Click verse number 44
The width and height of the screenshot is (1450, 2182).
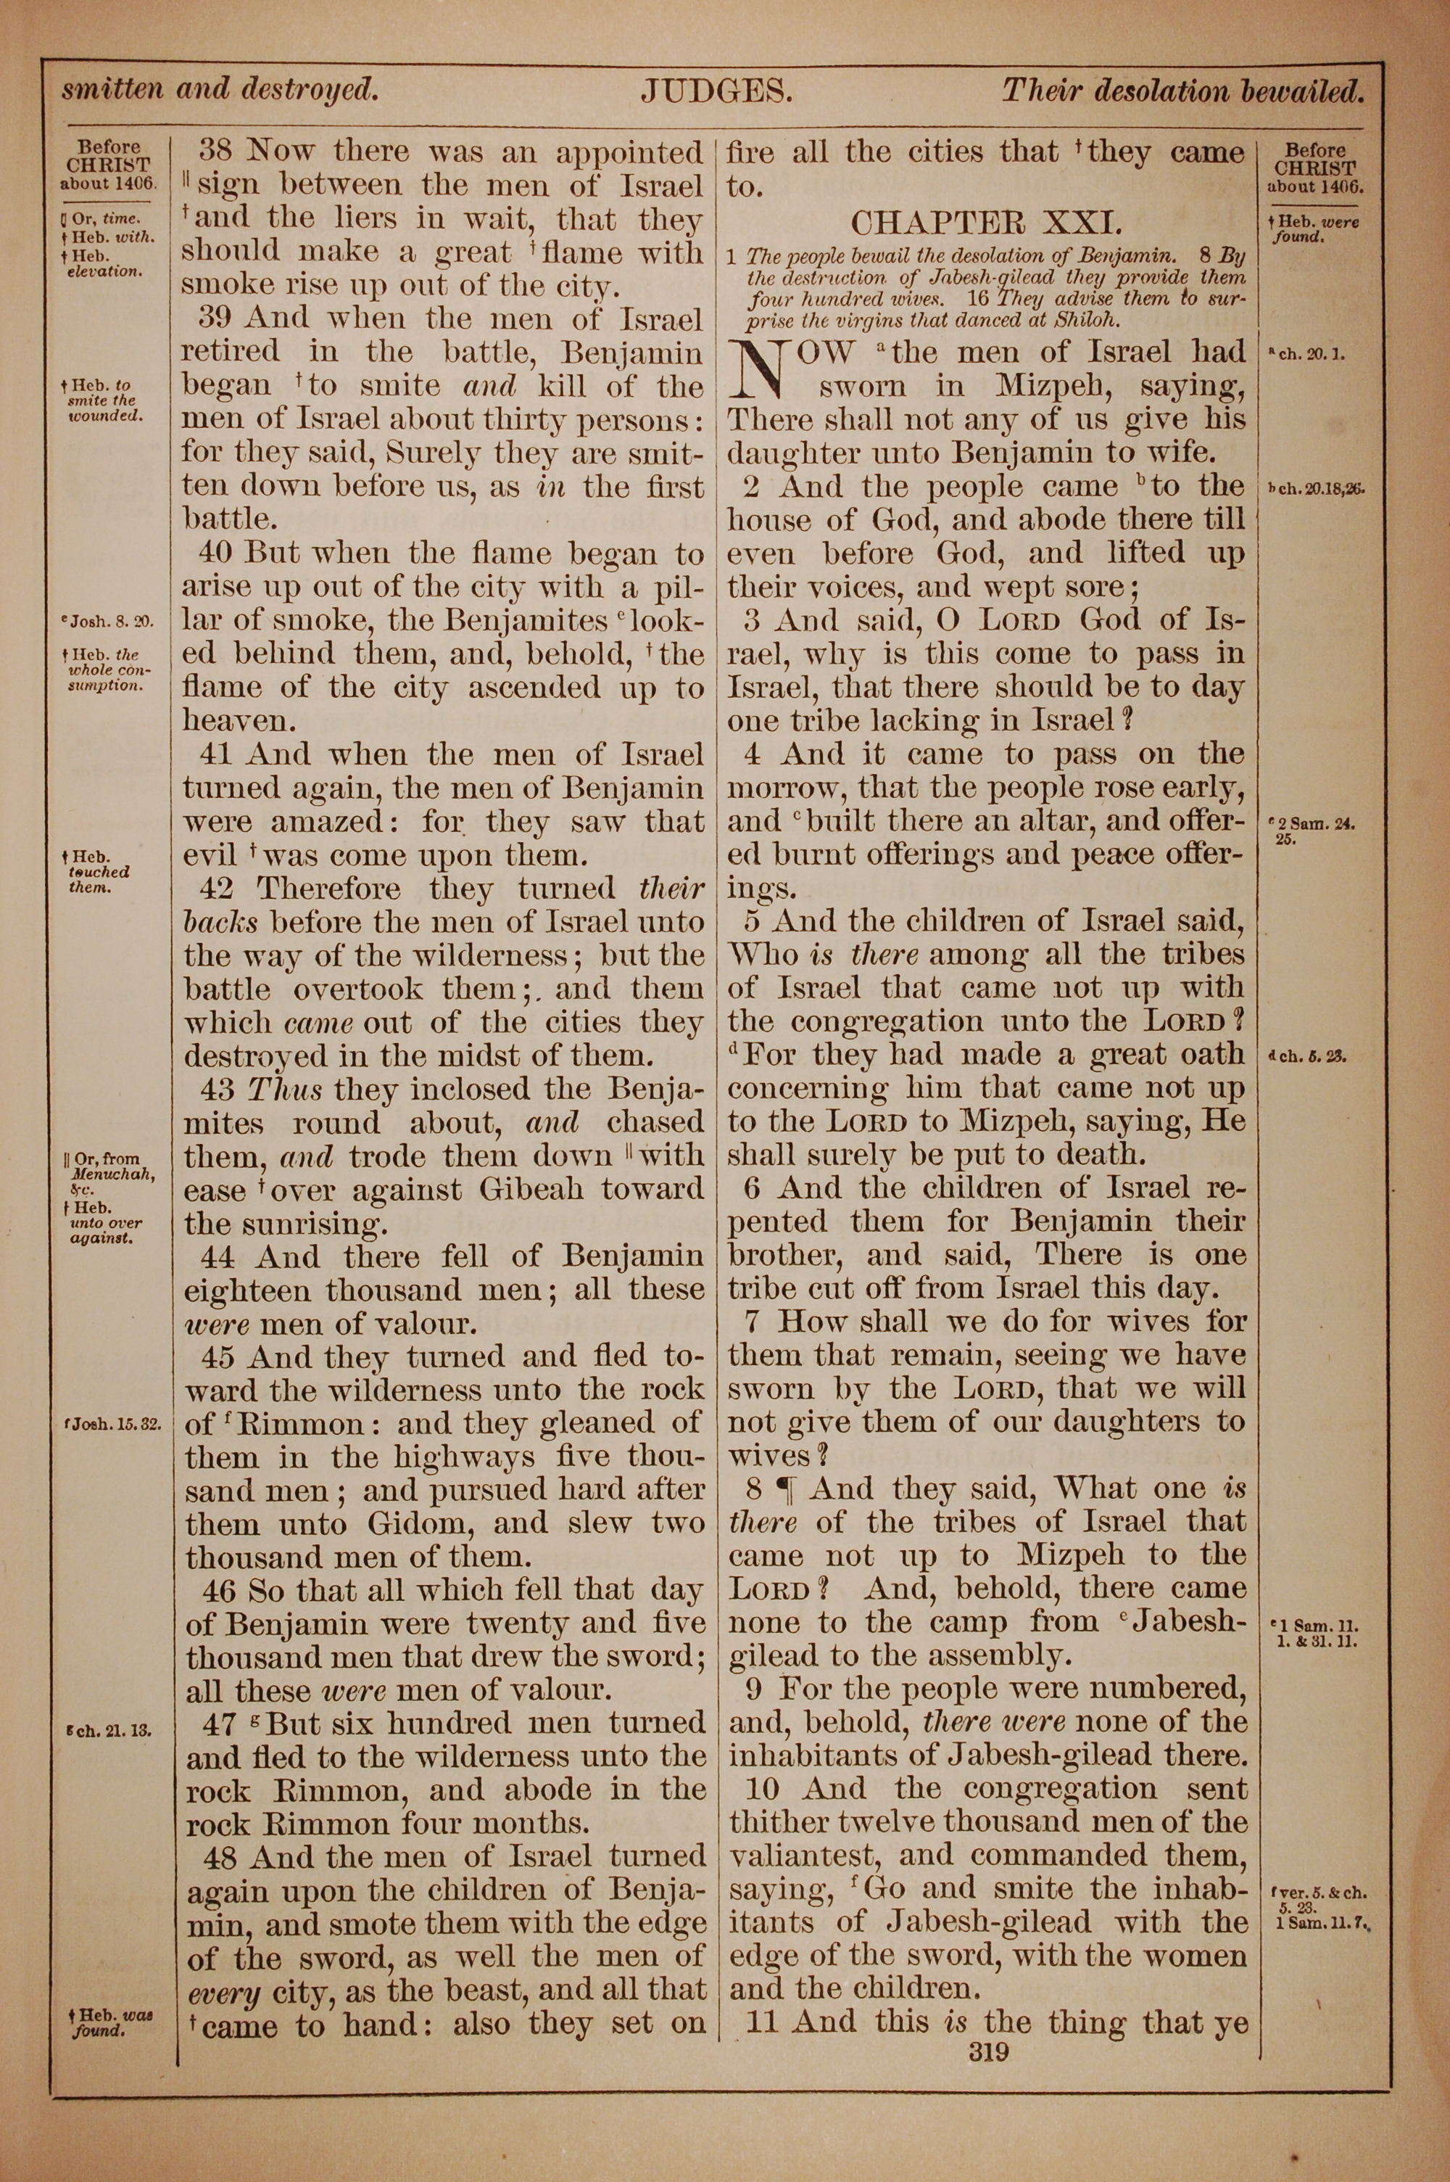221,1257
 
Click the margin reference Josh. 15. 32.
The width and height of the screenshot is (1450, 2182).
114,1425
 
